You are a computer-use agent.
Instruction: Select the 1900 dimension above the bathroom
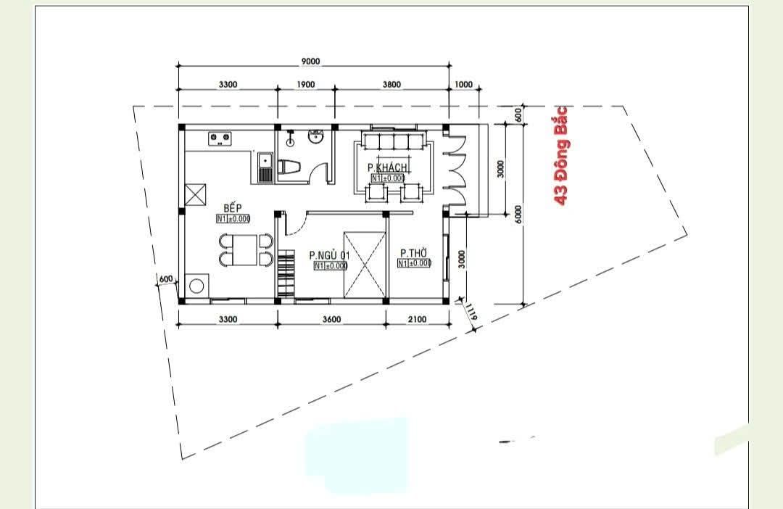coord(306,84)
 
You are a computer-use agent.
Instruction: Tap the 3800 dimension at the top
coord(391,84)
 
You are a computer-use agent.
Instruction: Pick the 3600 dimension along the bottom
coord(331,319)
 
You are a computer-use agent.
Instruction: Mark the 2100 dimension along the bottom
coord(417,319)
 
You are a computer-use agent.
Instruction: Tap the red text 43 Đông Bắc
coord(560,155)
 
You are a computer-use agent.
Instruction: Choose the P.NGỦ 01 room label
coord(329,255)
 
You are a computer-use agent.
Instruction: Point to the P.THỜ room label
coord(413,253)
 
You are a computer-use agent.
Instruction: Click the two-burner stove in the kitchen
coord(220,137)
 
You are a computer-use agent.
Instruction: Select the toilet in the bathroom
coord(290,167)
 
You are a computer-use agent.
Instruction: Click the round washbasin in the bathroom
coord(316,136)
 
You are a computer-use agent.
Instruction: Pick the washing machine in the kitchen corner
coord(196,285)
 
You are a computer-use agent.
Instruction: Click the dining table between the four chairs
coord(245,250)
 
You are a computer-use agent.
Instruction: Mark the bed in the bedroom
coord(364,264)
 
